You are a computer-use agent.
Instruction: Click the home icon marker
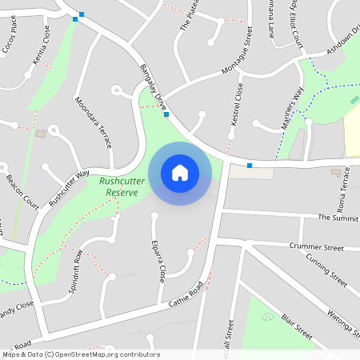click(180, 172)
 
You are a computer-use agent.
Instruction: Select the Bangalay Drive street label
click(152, 82)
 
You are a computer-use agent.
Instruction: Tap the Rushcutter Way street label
click(69, 188)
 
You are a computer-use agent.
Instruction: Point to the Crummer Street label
click(317, 248)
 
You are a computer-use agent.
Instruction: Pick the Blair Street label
click(297, 326)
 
